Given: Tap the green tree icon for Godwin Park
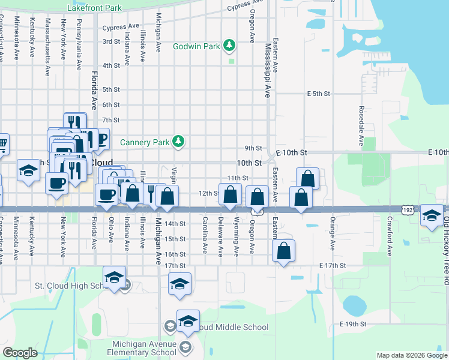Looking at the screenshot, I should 229,45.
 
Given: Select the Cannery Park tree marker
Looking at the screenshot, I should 178,142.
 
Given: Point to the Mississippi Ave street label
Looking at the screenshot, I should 268,70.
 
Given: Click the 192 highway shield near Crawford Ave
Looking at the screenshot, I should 408,211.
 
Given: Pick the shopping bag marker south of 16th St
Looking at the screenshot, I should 284,251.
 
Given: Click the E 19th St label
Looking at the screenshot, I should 352,324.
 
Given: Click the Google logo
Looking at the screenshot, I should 20,353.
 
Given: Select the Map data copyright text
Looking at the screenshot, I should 411,355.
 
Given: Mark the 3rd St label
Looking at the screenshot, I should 111,41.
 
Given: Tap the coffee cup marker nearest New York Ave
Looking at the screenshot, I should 57,183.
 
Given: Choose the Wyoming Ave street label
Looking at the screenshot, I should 237,237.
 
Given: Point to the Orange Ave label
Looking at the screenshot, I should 332,238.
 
